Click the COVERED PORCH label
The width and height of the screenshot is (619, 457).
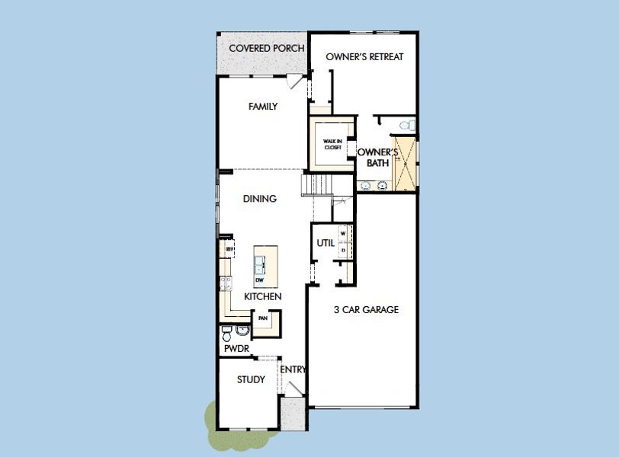pyautogui.click(x=267, y=49)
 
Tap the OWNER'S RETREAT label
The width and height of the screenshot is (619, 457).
pyautogui.click(x=364, y=57)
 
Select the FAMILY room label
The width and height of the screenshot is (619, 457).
pyautogui.click(x=263, y=107)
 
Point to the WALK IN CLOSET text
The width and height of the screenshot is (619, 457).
pyautogui.click(x=332, y=144)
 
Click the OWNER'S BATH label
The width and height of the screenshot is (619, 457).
pyautogui.click(x=374, y=158)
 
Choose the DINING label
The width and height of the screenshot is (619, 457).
pyautogui.click(x=259, y=199)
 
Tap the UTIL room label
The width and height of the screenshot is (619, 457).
pyautogui.click(x=325, y=243)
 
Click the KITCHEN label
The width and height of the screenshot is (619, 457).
pyautogui.click(x=263, y=296)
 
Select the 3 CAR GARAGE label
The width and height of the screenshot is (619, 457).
pyautogui.click(x=366, y=310)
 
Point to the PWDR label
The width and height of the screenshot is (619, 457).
pyautogui.click(x=237, y=348)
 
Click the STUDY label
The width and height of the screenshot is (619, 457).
pyautogui.click(x=251, y=379)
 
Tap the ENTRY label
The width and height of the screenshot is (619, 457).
pyautogui.click(x=293, y=370)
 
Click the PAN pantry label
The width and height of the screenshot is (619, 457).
pyautogui.click(x=263, y=318)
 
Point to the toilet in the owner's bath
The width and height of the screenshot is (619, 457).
pyautogui.click(x=409, y=124)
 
